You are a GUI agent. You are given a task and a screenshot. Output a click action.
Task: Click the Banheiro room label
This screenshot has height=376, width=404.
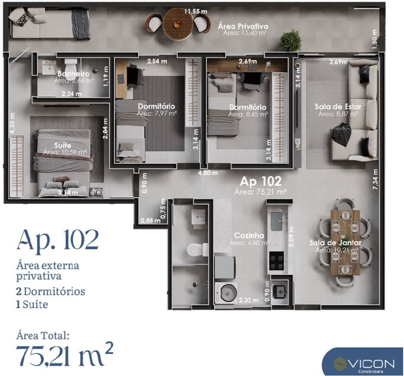[73, 74]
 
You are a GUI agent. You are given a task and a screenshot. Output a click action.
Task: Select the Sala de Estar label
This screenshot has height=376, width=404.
[338, 107]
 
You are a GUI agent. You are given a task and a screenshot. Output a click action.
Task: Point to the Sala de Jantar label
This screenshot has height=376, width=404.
[335, 243]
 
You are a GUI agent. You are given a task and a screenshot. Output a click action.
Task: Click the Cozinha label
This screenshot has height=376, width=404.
[249, 235]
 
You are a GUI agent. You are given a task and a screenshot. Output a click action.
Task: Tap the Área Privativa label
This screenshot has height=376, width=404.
[243, 26]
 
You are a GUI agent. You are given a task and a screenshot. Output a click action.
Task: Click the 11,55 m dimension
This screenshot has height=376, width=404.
[196, 11]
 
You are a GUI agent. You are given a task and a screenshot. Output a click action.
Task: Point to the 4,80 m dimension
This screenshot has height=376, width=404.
[208, 173]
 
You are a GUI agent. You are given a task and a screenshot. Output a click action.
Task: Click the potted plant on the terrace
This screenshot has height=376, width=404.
[290, 40]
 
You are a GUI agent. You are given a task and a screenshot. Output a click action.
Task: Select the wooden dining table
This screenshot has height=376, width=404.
[345, 242]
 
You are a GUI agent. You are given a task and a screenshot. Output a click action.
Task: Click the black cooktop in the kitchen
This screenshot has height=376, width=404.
[277, 260]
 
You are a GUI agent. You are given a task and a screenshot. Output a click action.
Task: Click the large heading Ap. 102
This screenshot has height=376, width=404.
[57, 240]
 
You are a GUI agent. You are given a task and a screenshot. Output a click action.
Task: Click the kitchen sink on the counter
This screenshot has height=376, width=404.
[277, 219]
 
